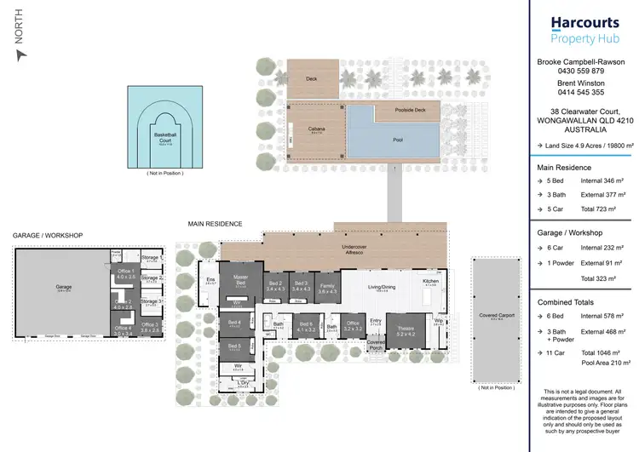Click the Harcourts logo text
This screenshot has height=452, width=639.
pos(584,23)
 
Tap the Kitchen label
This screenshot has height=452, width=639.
pos(430,282)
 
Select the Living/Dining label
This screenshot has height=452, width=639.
pos(382,287)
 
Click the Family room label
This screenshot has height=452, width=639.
pos(326,289)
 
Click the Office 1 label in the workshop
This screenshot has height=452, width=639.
pos(125,274)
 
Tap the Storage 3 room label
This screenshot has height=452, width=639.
pos(150,300)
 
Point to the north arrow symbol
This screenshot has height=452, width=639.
pos(21,54)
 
